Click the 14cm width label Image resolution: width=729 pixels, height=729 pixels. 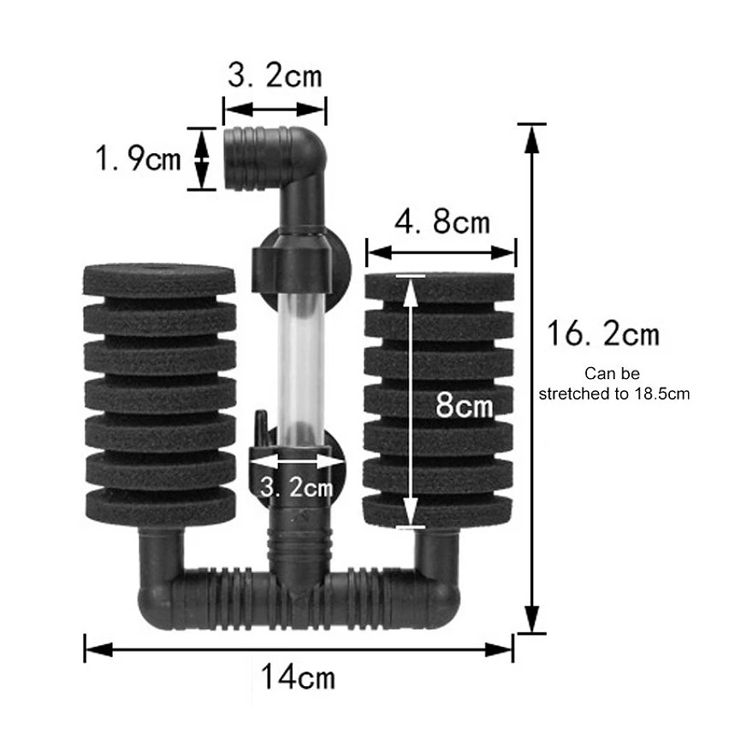(x=298, y=677)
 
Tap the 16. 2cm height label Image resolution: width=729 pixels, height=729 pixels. (x=603, y=334)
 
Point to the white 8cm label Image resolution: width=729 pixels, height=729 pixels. (x=464, y=405)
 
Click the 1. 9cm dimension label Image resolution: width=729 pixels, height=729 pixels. (x=138, y=158)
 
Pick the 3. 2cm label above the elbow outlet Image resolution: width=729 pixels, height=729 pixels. (x=275, y=76)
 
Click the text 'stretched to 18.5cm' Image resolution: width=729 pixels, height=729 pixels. (x=614, y=394)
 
